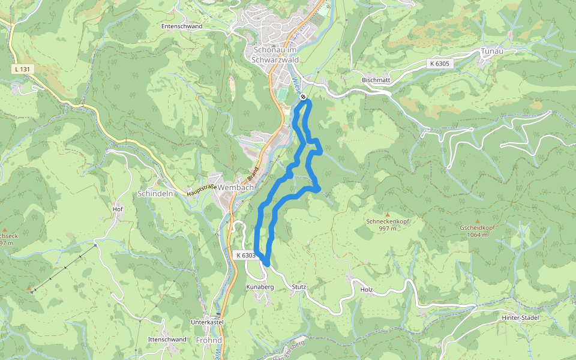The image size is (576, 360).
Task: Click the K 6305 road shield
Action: (439, 63)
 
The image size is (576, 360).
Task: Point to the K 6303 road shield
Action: (246, 256)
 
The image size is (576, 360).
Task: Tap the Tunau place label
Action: (491, 52)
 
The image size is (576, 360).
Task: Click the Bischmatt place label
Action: (376, 80)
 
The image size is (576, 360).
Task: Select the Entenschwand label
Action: (182, 26)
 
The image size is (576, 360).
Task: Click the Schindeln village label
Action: (155, 194)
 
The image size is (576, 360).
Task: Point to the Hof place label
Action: (118, 209)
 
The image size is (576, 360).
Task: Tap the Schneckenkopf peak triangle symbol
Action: (387, 214)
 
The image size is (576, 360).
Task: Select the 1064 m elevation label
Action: (478, 235)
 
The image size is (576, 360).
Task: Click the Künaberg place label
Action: (260, 287)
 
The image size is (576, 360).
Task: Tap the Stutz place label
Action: (299, 287)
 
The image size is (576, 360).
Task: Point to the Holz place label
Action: (367, 290)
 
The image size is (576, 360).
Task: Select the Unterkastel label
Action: (207, 322)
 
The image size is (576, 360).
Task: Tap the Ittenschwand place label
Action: (167, 340)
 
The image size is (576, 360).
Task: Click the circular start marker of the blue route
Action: (304, 97)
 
